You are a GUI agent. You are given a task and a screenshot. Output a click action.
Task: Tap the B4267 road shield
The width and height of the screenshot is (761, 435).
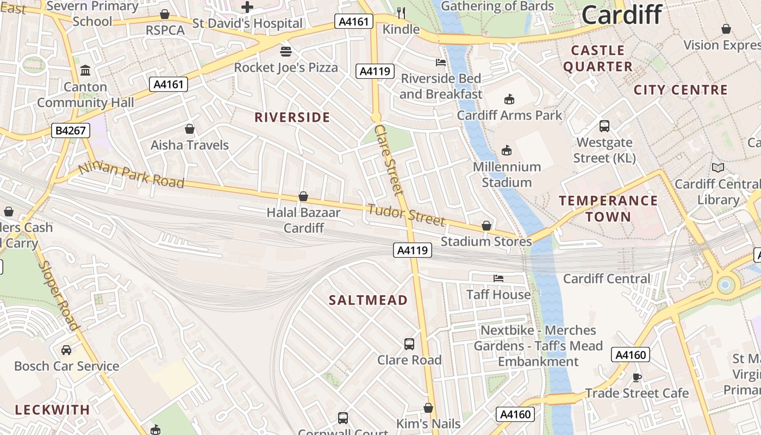point(71,130)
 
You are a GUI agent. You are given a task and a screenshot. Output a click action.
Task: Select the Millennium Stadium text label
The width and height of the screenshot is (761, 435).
point(507,175)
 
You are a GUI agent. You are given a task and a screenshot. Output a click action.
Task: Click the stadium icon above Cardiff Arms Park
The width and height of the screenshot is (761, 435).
point(509,99)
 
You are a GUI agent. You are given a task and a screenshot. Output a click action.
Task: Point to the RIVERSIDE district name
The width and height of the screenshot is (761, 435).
point(292,117)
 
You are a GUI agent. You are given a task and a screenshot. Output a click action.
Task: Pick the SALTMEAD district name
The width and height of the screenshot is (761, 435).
point(368,300)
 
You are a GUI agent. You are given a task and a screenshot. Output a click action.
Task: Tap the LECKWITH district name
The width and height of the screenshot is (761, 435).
point(52,410)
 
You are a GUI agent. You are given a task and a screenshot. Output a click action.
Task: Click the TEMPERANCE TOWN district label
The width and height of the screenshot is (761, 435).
point(608,209)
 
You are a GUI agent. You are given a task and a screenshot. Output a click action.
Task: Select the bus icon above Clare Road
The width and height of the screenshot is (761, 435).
point(409,344)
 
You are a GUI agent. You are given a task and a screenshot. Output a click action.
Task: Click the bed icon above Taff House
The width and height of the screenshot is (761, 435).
point(498,278)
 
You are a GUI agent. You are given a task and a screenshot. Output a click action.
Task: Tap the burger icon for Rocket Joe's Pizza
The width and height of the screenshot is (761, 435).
point(286,52)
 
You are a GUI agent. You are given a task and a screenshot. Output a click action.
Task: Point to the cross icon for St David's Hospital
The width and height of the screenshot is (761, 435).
point(247,7)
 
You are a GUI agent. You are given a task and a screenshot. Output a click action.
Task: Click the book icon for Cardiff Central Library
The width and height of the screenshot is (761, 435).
point(718,168)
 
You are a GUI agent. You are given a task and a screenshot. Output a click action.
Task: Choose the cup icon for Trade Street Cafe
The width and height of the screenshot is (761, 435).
point(637,377)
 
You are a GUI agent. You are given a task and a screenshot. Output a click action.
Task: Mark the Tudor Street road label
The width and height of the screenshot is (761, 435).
point(406,214)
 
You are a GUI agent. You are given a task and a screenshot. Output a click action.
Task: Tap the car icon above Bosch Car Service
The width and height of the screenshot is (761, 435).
point(66,350)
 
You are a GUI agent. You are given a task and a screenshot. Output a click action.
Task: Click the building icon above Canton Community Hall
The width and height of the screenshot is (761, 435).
point(85,71)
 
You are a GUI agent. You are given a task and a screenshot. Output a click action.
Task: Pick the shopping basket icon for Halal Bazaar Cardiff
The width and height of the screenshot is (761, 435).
point(303,196)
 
